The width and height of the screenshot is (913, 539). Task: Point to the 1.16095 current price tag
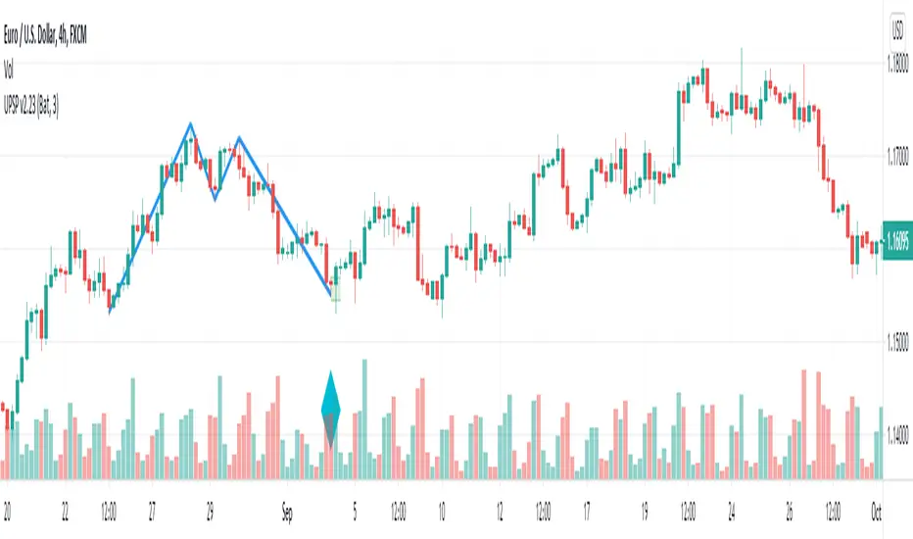(897, 238)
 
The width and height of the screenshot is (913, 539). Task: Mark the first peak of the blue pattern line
(191, 123)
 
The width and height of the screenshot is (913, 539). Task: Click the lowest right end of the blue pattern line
(329, 294)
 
